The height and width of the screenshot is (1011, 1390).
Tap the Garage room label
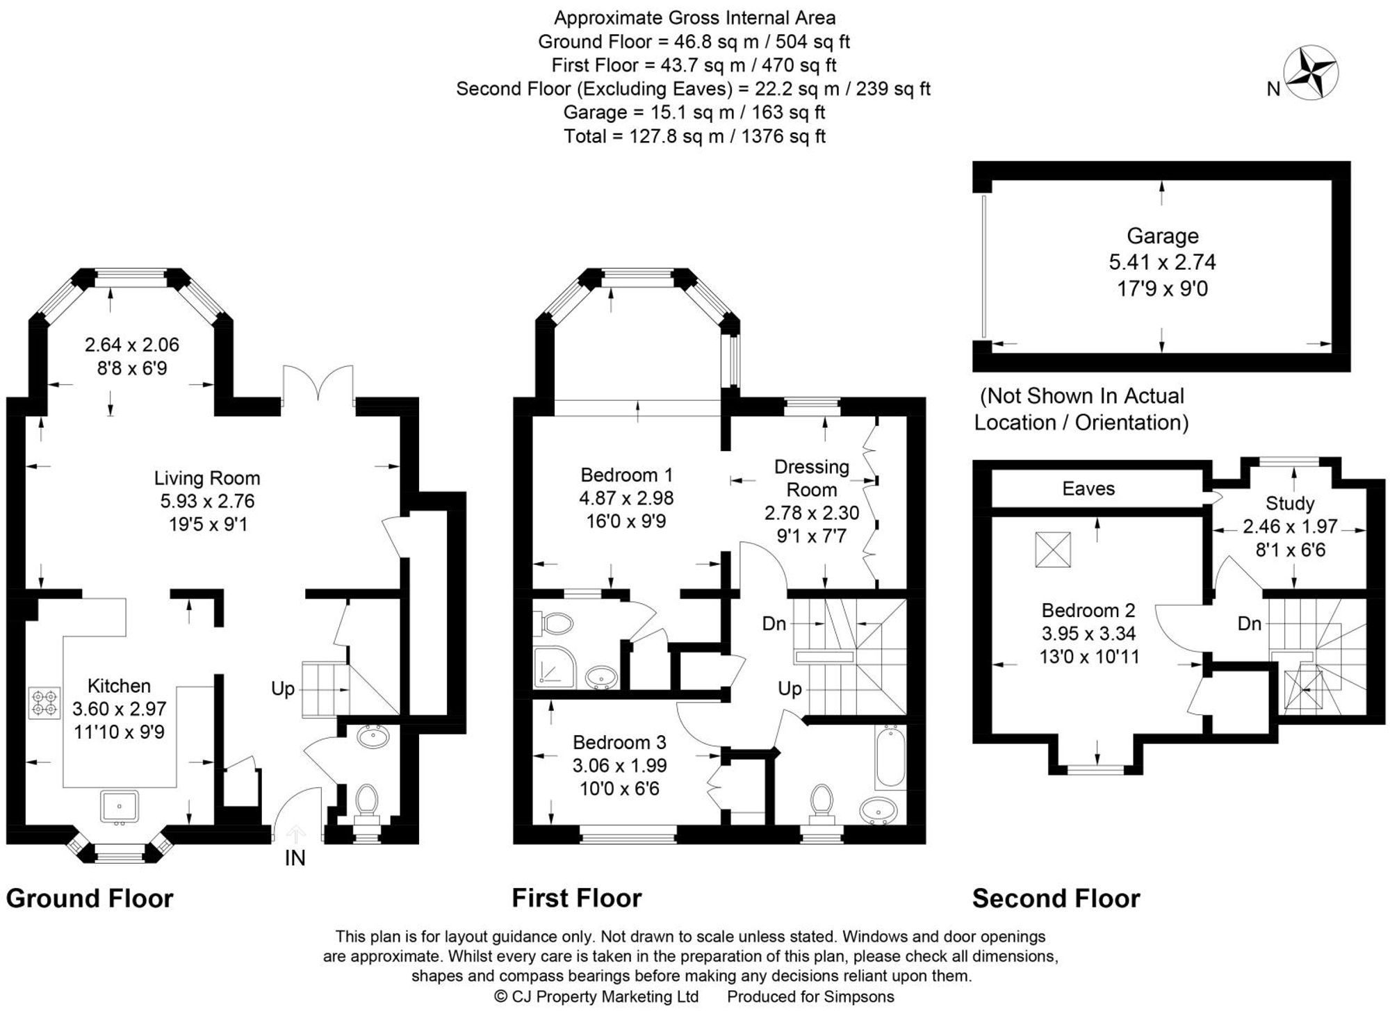1162,236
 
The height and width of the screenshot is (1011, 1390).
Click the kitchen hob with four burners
44,702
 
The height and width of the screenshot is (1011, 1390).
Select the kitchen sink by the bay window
119,807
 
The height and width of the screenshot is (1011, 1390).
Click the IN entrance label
295,858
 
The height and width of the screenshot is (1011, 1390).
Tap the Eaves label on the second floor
1088,488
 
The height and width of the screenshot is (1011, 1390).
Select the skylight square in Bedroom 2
1053,549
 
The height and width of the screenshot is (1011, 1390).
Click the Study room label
1289,503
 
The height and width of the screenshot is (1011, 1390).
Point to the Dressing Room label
811,478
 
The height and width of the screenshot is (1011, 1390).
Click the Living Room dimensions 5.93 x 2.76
207,501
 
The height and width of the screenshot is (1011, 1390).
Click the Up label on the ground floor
283,689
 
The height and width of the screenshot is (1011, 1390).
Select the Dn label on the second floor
1249,623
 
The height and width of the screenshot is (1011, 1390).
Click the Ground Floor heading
90,898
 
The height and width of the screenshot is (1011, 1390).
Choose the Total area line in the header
694,136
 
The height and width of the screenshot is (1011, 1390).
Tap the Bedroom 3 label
619,742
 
